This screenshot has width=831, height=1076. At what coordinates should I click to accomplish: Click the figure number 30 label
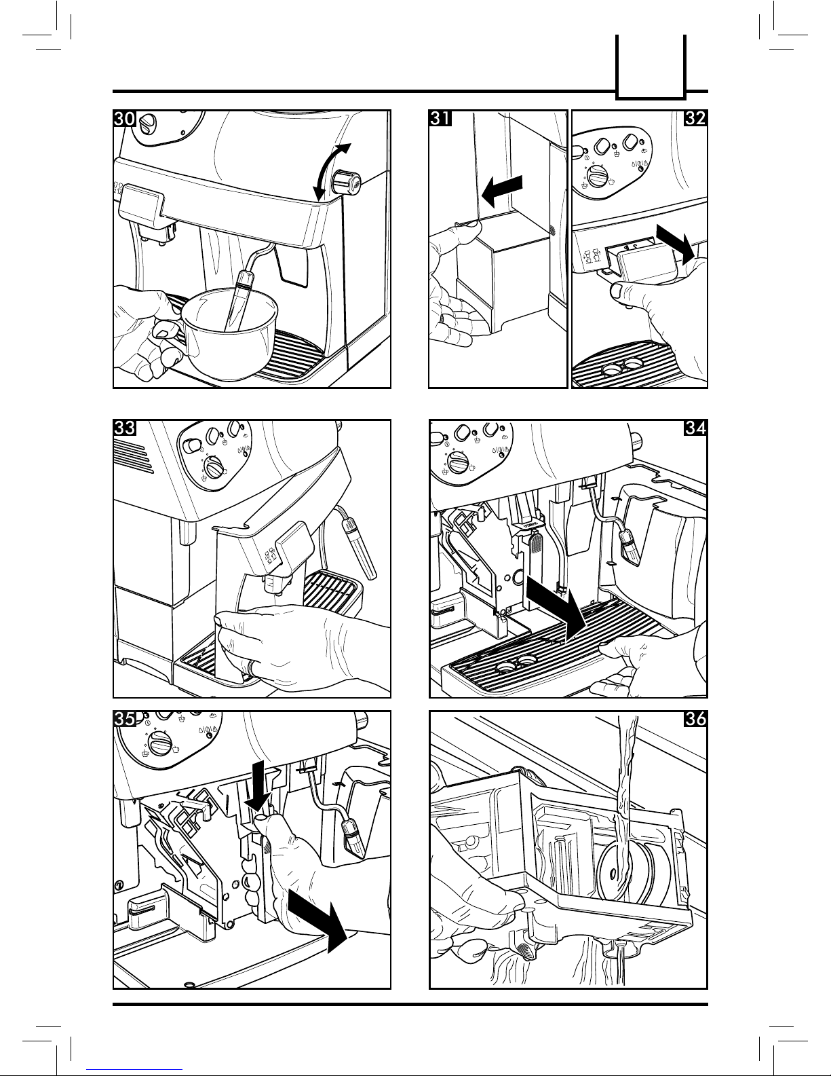(x=125, y=119)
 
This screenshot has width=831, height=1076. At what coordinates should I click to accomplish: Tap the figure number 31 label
(x=440, y=119)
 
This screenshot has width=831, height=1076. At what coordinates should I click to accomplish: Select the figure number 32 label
(x=695, y=119)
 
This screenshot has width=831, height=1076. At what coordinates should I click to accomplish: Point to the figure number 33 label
(x=125, y=428)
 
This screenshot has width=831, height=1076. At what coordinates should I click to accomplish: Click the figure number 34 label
(x=695, y=428)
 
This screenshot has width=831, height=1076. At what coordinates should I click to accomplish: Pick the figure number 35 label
(x=125, y=719)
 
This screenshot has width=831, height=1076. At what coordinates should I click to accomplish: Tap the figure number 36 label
(x=695, y=719)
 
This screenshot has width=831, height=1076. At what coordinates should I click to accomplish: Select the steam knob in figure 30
(x=346, y=182)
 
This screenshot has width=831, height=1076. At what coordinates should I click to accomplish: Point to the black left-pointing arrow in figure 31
(x=501, y=191)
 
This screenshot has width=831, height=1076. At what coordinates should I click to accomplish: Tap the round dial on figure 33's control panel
(x=214, y=468)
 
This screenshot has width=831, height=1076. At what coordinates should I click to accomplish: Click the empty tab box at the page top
(x=651, y=67)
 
